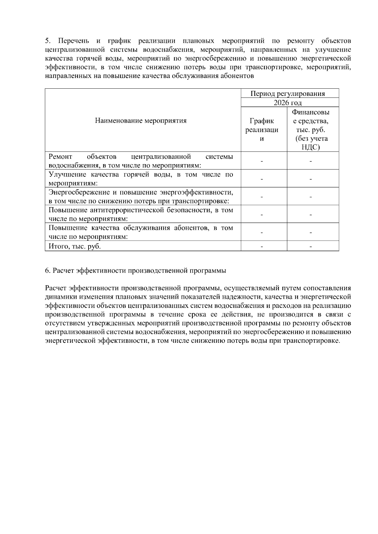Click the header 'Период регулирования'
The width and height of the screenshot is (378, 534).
pyautogui.click(x=288, y=94)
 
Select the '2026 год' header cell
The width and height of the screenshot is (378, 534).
pyautogui.click(x=288, y=103)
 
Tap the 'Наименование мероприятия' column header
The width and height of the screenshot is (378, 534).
pyautogui.click(x=141, y=121)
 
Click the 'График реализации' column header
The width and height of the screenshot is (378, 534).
pyautogui.click(x=262, y=130)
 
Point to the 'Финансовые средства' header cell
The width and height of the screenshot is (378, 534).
pyautogui.click(x=311, y=130)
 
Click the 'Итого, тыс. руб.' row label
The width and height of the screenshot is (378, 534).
pyautogui.click(x=75, y=246)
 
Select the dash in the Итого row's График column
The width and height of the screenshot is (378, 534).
pyautogui.click(x=262, y=247)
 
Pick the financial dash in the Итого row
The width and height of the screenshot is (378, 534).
pyautogui.click(x=311, y=247)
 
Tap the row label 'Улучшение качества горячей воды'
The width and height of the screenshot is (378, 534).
pyautogui.click(x=141, y=179)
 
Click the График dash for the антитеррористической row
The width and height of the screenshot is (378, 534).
pyautogui.click(x=262, y=215)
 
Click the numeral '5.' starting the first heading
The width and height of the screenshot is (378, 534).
pyautogui.click(x=48, y=41)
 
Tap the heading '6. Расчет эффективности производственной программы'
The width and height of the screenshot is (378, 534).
pyautogui.click(x=135, y=270)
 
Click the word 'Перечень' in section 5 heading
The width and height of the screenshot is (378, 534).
pyautogui.click(x=74, y=41)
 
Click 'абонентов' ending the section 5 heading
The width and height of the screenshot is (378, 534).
pyautogui.click(x=239, y=76)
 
